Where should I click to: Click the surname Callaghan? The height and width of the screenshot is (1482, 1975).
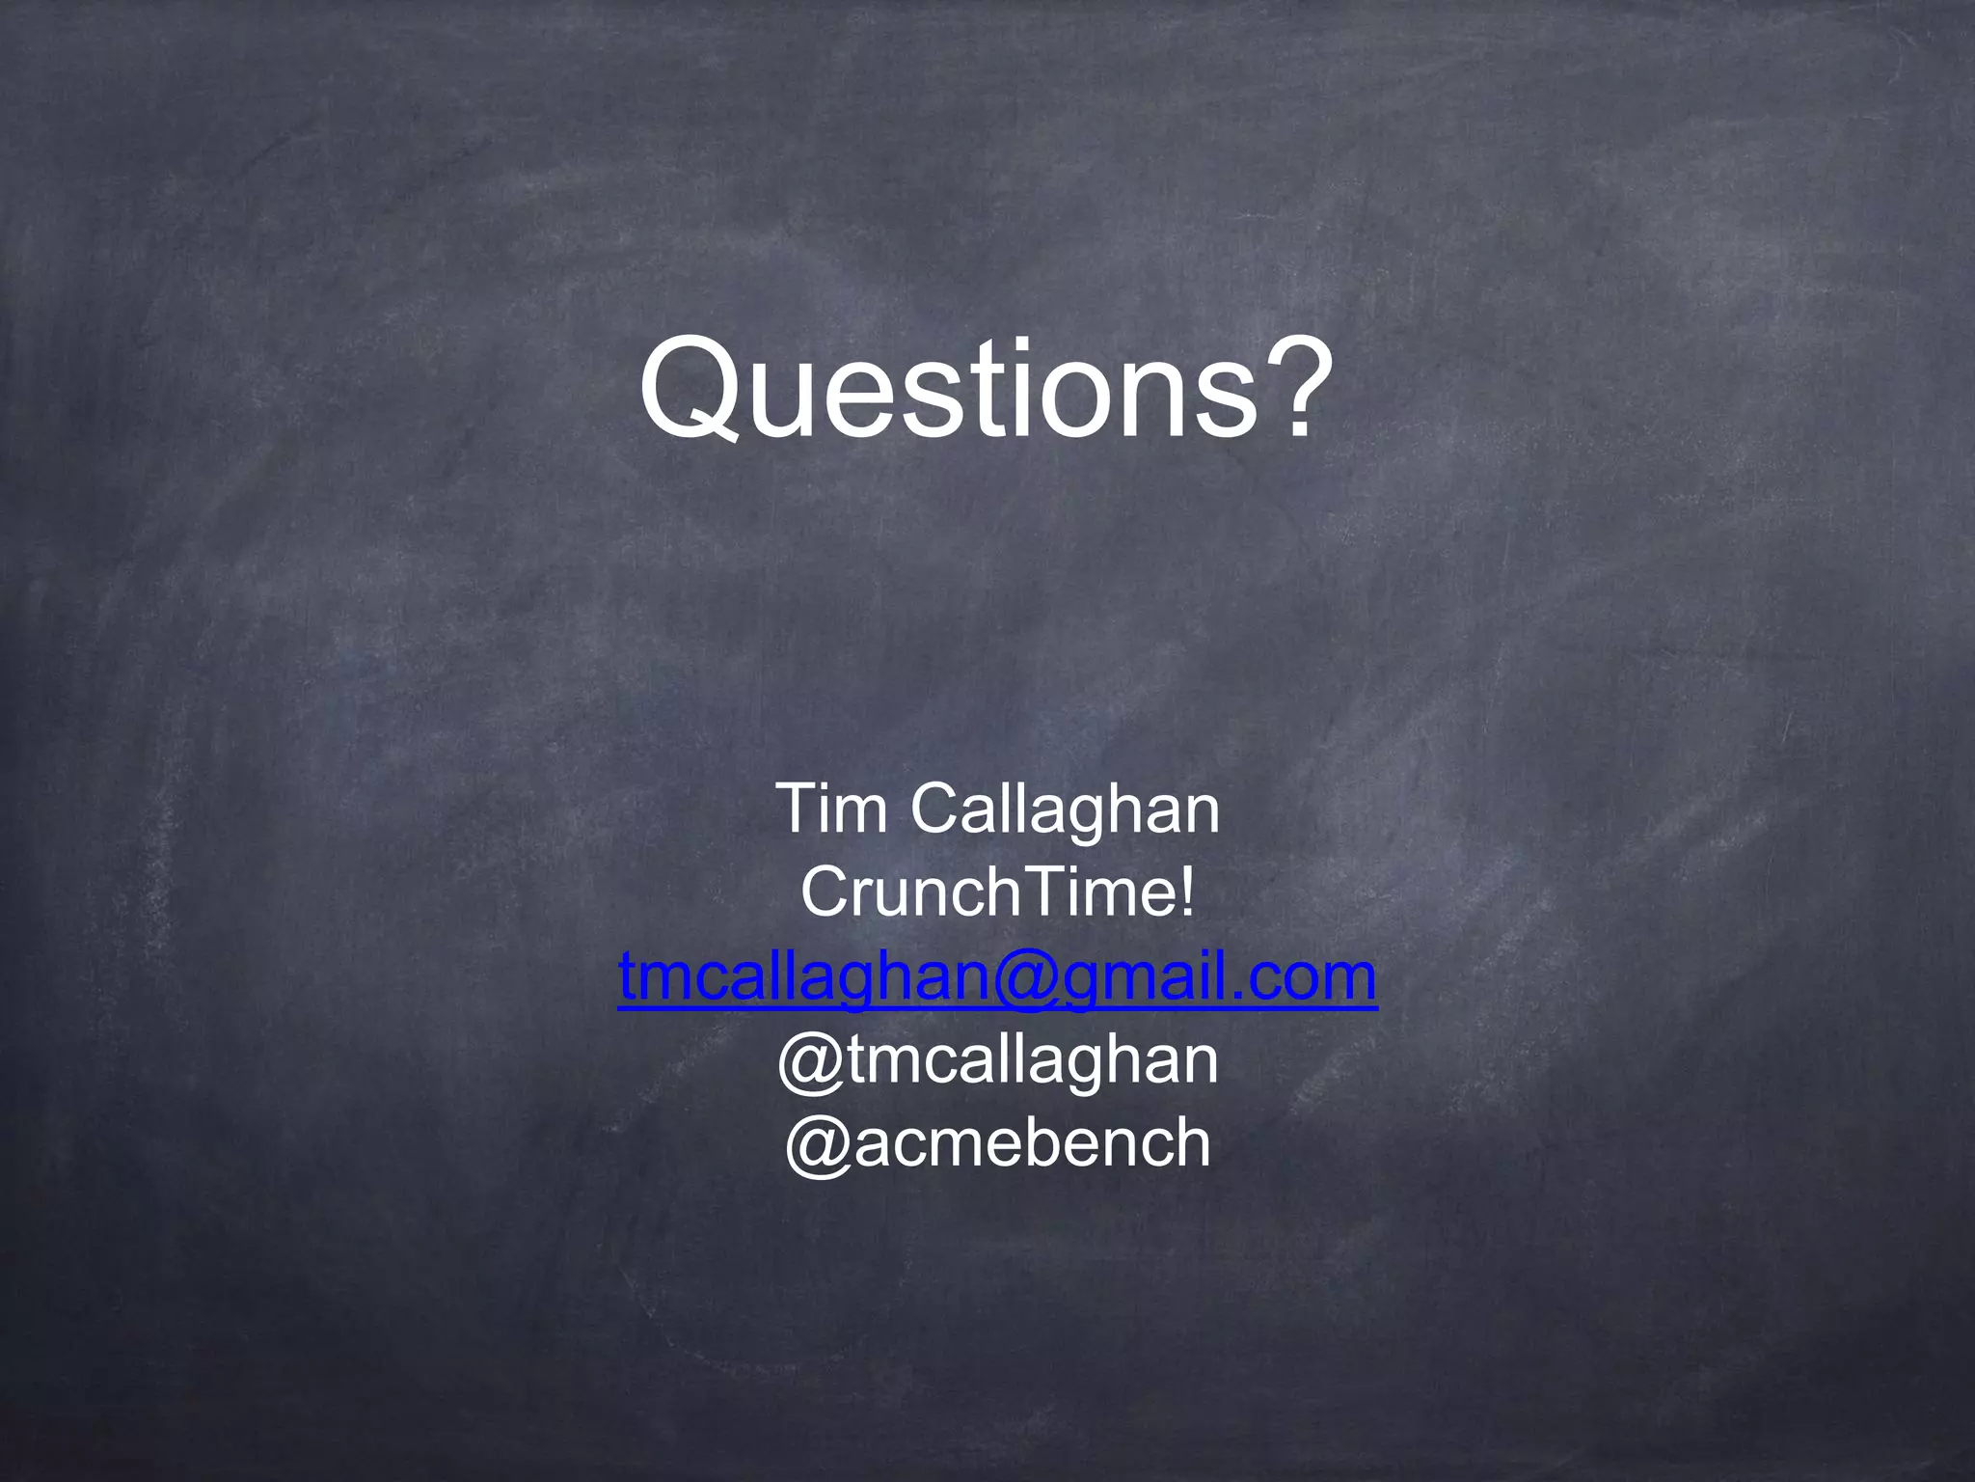1066,810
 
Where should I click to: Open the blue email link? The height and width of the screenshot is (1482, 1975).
997,976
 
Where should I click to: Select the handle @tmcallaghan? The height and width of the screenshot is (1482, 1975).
997,1060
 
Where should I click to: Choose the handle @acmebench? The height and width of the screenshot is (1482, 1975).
997,1143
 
